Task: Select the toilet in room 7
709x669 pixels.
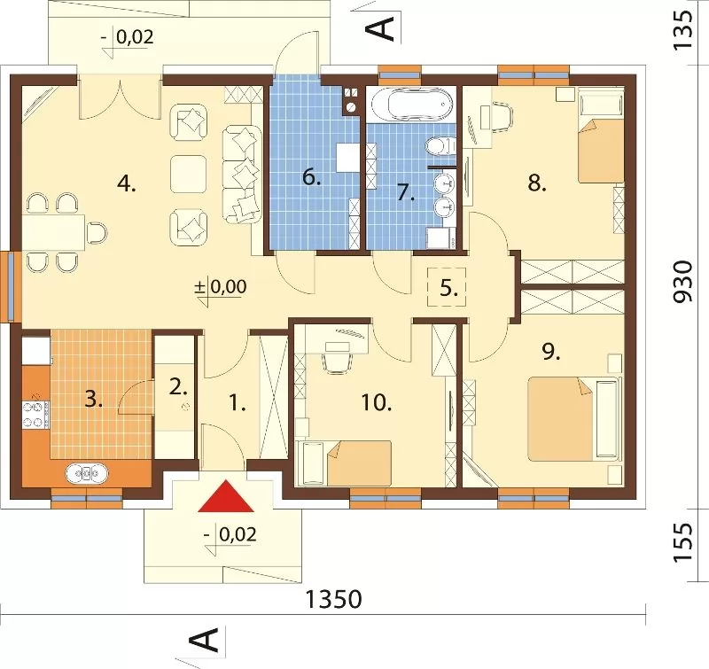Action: coord(440,146)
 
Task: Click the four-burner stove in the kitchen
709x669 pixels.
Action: coord(35,415)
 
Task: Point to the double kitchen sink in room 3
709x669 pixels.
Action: coord(87,473)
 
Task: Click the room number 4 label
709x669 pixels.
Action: coord(126,184)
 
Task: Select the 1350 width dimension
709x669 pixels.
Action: coord(334,599)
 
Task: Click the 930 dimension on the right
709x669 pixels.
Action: coord(682,281)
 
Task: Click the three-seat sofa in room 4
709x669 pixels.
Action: coord(242,175)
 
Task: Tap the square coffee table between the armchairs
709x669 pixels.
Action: coord(189,173)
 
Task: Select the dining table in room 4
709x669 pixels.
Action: coord(53,233)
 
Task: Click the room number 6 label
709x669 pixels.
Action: coord(312,177)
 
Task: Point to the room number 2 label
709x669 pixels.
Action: coord(178,386)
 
